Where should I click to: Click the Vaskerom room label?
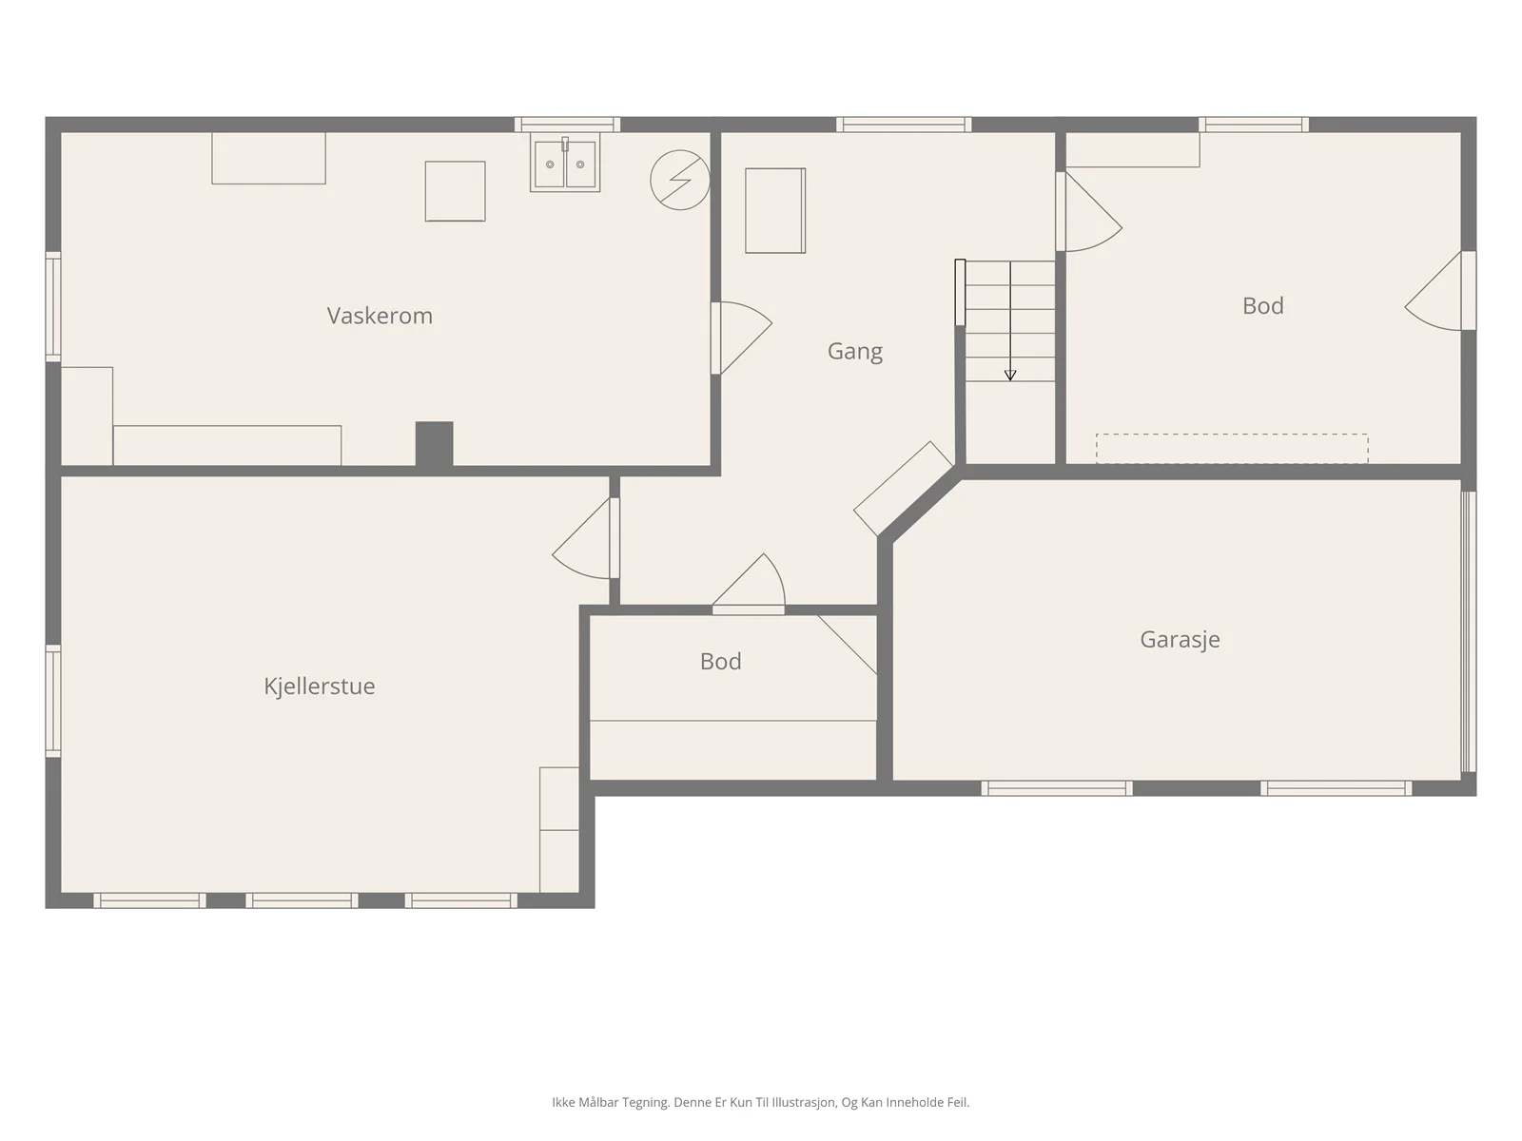(380, 316)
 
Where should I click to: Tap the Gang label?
(855, 351)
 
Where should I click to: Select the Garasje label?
(1180, 639)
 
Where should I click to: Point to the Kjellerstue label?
(319, 686)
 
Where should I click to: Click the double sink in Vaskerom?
(565, 164)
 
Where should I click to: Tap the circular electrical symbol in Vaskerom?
(679, 180)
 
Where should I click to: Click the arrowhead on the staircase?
(1010, 376)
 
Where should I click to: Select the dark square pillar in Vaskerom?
(434, 443)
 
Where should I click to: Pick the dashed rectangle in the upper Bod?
(1232, 448)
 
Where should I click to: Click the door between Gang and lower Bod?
(749, 583)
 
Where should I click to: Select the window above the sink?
(567, 125)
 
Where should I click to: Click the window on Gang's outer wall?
(904, 125)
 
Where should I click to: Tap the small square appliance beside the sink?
(455, 191)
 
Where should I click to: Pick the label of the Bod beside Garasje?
(720, 662)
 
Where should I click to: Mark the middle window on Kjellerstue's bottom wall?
(302, 900)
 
